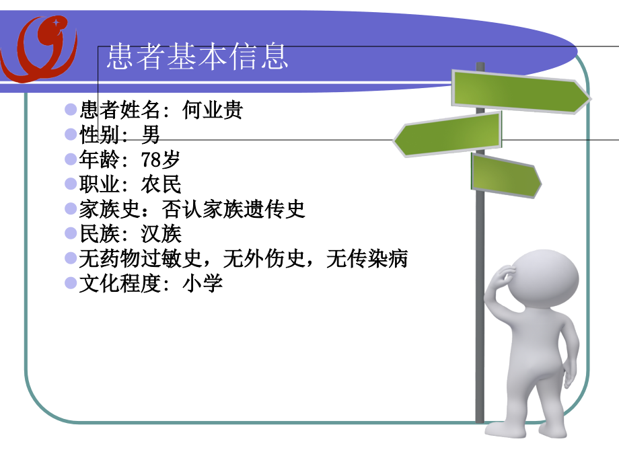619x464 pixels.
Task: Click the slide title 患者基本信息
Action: coord(197,57)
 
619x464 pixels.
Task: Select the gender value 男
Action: coord(151,135)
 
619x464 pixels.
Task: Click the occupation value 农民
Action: coord(161,184)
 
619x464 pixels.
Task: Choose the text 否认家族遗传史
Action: coord(233,209)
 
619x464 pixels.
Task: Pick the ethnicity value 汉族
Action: coord(161,234)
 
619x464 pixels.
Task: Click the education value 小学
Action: coord(203,284)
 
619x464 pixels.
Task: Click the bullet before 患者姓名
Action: coord(71,110)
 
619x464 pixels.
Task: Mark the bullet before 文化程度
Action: coord(71,283)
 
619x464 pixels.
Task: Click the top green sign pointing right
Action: coord(519,92)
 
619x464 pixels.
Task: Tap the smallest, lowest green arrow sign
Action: coord(505,175)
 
